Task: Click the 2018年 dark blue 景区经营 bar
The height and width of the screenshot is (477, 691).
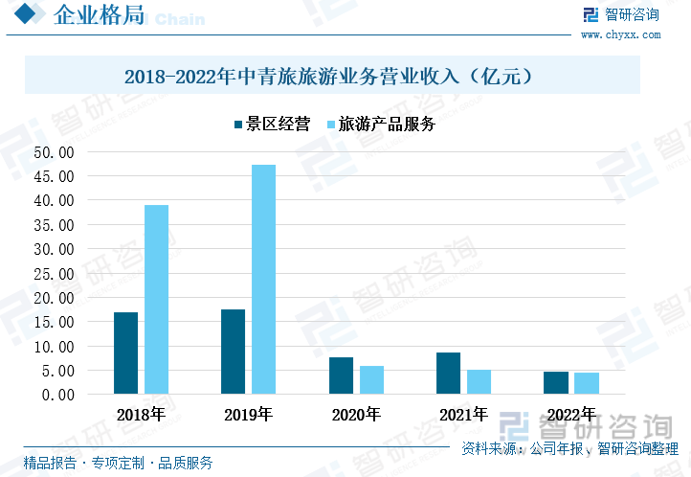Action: [x=125, y=352]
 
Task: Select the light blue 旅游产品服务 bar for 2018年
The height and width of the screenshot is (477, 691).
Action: [x=156, y=299]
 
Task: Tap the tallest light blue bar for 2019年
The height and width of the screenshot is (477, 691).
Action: [x=263, y=279]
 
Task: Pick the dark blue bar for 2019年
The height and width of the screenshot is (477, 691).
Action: [x=233, y=351]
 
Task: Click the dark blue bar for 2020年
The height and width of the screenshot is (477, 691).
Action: [x=341, y=375]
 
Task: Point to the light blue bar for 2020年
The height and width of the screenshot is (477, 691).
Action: [x=371, y=379]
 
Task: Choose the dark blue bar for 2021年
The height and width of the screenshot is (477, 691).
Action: [x=448, y=373]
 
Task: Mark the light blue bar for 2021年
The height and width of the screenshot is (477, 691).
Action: [x=479, y=381]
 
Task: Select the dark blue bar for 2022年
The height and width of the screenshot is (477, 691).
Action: [x=556, y=382]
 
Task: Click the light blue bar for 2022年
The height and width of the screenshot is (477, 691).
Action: [x=587, y=383]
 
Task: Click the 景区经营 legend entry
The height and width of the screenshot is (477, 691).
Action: [x=272, y=125]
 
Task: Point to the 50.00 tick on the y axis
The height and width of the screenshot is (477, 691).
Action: [x=54, y=152]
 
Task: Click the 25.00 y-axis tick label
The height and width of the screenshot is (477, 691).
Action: [x=54, y=273]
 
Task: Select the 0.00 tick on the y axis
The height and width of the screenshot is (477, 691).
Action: [x=57, y=395]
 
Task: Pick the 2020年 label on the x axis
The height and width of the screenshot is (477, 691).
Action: [x=356, y=416]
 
